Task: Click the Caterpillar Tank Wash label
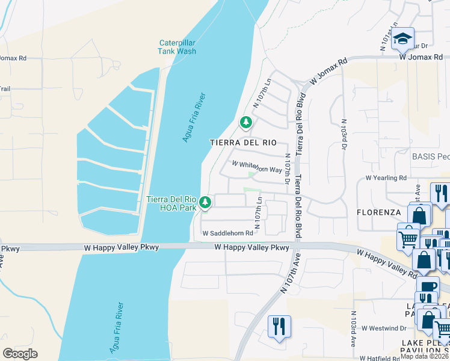coord(177,47)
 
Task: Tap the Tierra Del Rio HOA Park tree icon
coord(206,202)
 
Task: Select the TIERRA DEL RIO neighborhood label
coord(243,143)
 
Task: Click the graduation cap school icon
coord(402,39)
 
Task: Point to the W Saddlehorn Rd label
coord(227,233)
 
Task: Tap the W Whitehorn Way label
coord(257,167)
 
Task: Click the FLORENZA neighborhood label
coord(378,212)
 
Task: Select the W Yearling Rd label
coord(386,178)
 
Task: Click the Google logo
coord(20,354)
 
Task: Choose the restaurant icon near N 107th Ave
coord(279,326)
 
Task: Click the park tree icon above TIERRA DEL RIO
coord(245,123)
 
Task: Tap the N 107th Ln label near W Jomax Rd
coord(263,94)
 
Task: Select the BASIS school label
coord(430,156)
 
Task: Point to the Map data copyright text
coord(423,356)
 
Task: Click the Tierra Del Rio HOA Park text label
coord(172,203)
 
